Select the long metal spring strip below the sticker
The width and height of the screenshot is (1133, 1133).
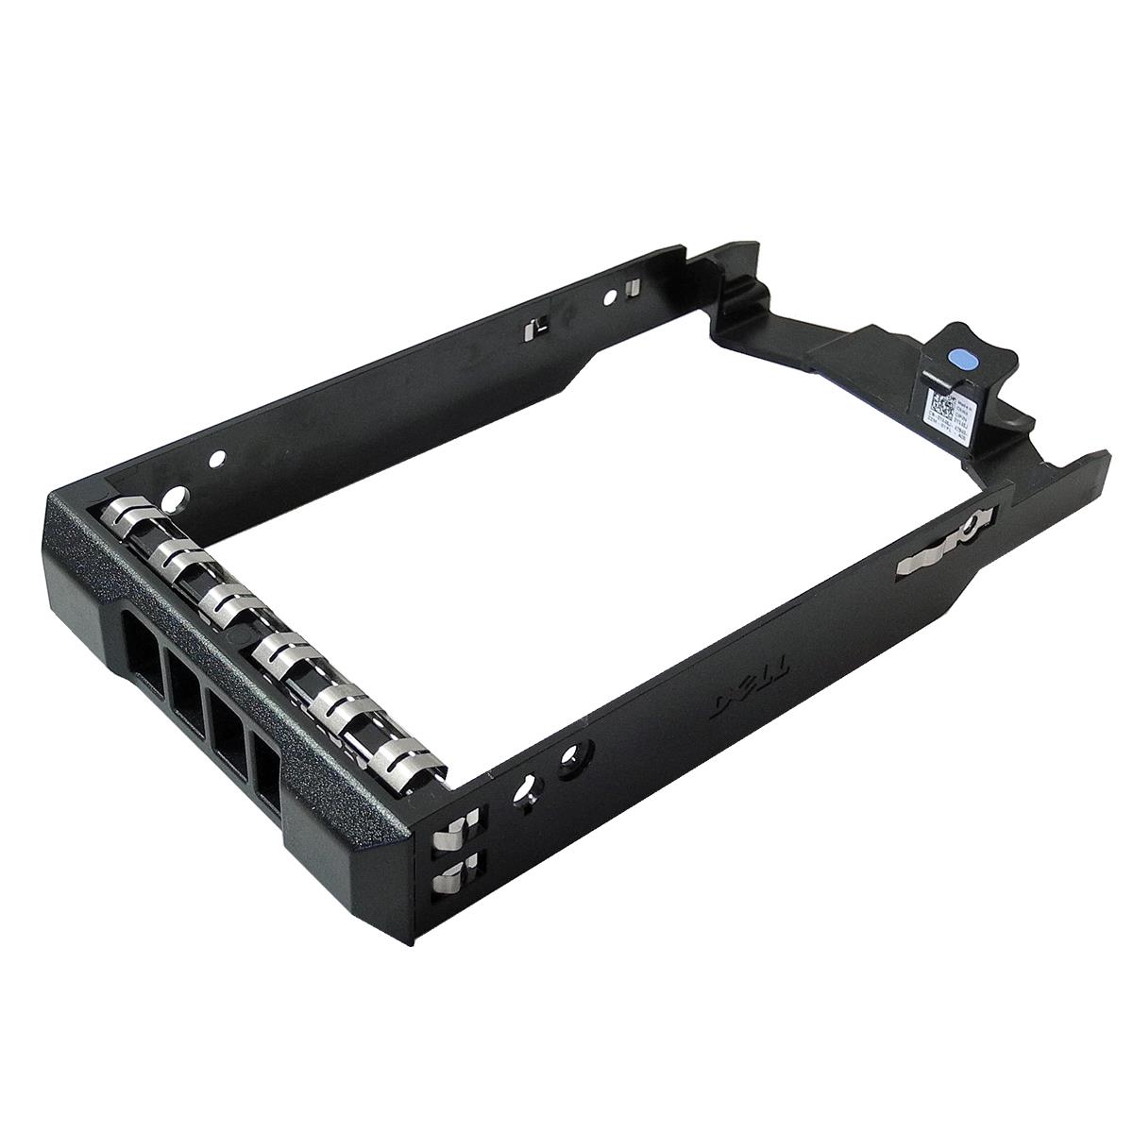coord(939,545)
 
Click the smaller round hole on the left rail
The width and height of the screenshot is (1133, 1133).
coord(217,459)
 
